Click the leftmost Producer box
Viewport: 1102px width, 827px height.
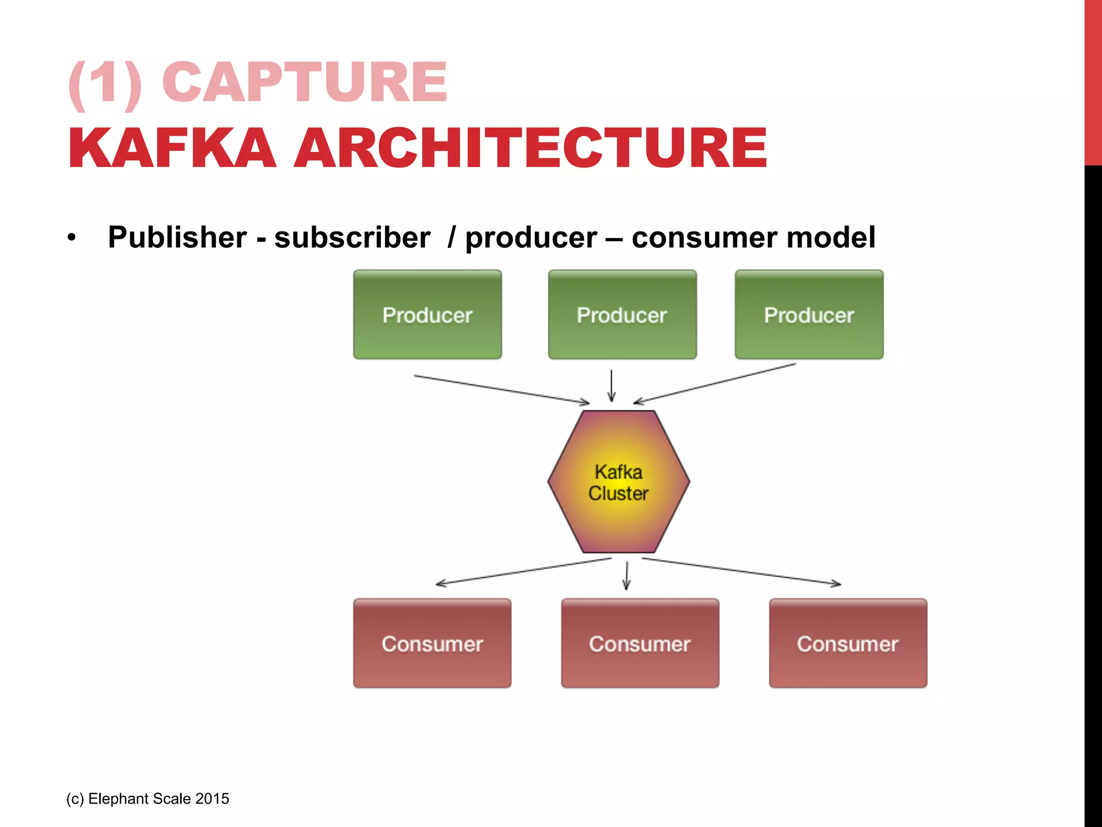(427, 315)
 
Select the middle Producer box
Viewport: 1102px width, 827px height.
(622, 315)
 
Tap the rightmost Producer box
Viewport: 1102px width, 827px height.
(809, 315)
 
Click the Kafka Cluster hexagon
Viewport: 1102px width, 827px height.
(619, 482)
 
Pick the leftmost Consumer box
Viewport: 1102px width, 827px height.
(432, 643)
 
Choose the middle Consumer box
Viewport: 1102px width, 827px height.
(640, 643)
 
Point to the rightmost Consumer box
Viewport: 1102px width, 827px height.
(847, 643)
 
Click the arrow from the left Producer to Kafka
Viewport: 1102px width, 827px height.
(501, 389)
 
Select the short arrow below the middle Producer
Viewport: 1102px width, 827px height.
(611, 386)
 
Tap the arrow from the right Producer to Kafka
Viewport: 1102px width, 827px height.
(715, 383)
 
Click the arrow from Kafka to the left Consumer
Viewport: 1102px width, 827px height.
(524, 571)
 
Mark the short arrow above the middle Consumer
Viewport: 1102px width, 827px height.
(626, 576)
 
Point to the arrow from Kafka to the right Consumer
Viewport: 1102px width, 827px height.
(741, 571)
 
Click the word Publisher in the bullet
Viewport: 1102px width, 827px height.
(178, 237)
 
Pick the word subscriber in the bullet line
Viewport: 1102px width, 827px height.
(352, 237)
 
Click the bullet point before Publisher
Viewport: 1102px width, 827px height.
(72, 237)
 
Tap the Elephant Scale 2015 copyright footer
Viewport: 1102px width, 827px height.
(148, 798)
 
